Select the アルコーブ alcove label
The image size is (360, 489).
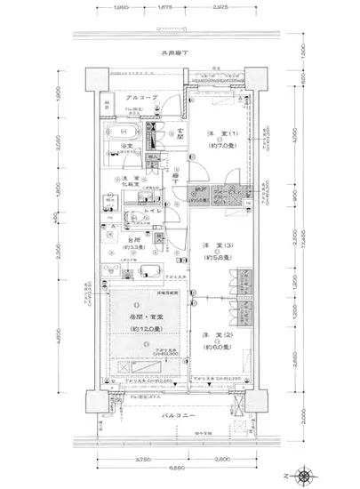coord(140,97)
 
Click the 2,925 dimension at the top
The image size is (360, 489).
coord(220,7)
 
